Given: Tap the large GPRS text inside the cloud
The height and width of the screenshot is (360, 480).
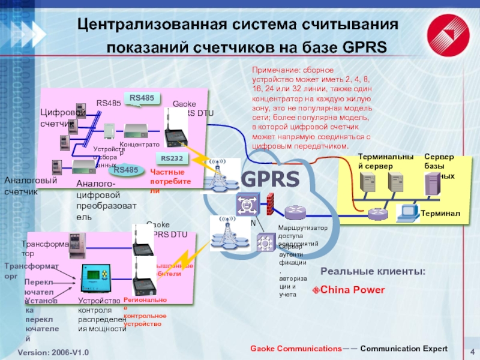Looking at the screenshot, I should (270, 179).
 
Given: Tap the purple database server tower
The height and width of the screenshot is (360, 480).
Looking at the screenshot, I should (431, 184).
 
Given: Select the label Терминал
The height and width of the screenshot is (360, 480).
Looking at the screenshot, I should (440, 214).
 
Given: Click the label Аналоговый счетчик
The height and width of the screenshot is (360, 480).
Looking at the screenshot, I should (31, 186).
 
